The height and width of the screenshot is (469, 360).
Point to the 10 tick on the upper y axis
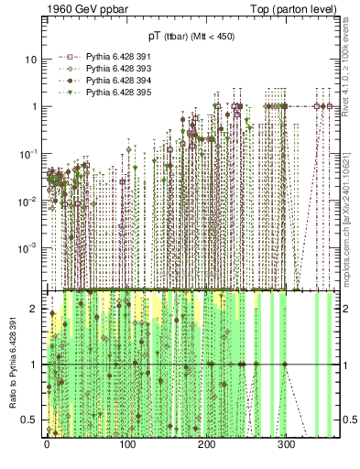tap(31, 60)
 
